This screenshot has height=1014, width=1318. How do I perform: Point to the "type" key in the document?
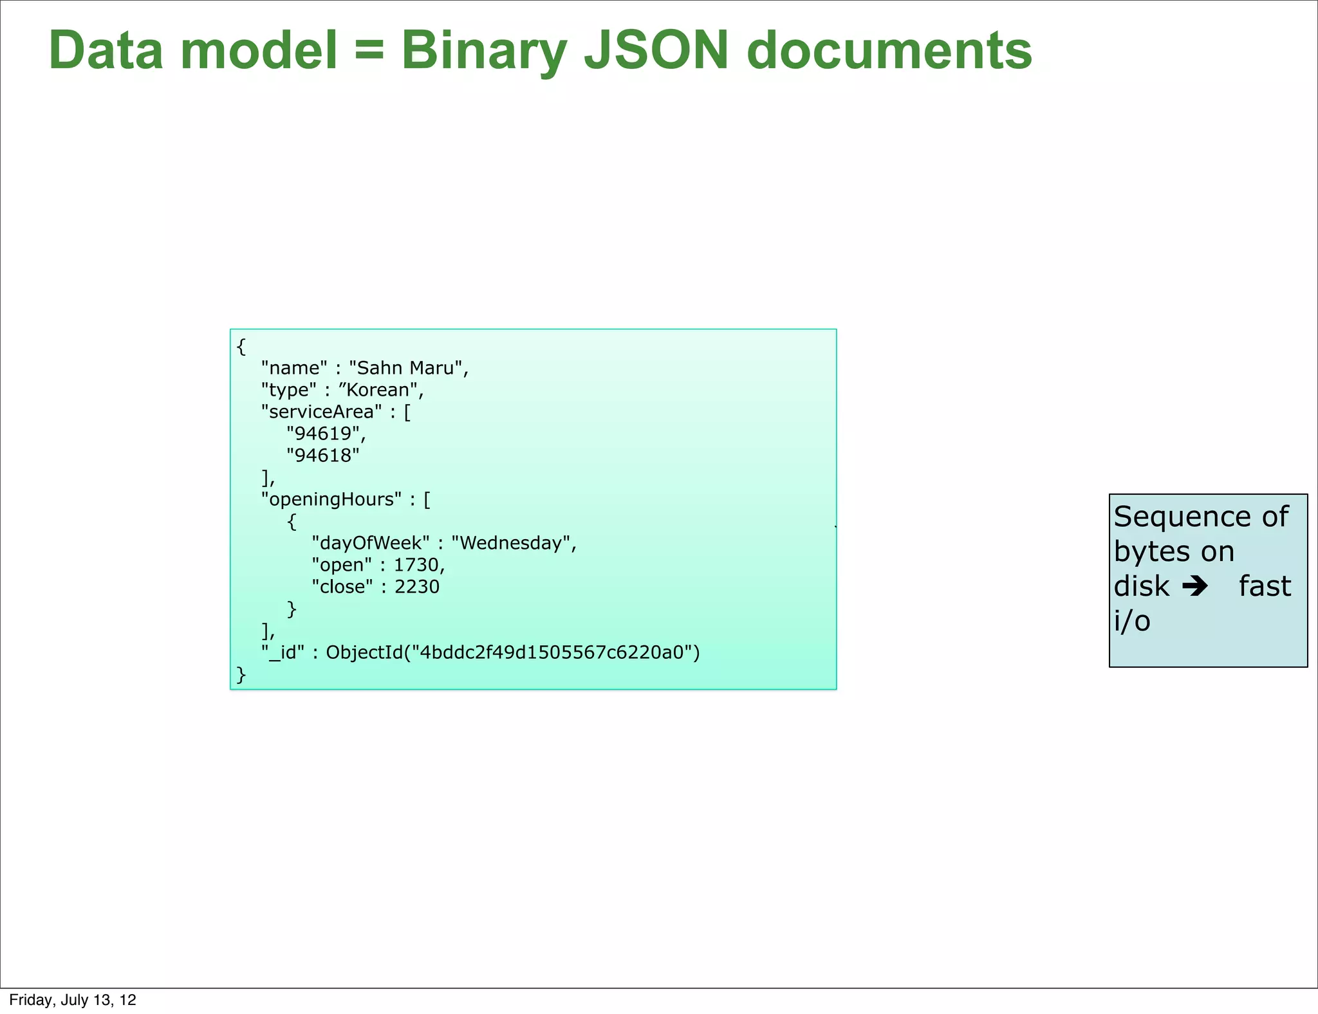[x=288, y=390]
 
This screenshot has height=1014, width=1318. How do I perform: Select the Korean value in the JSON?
[x=378, y=390]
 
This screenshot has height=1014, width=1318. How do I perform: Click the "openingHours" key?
[x=331, y=499]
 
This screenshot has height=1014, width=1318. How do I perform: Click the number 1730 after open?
[x=416, y=565]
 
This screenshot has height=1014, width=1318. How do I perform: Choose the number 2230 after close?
[x=417, y=587]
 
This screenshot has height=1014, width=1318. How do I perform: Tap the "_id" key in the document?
[x=283, y=652]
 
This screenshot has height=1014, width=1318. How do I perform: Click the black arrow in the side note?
[x=1196, y=586]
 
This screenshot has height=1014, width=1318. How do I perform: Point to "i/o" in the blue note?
[x=1132, y=621]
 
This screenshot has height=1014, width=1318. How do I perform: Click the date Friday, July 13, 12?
[x=73, y=1000]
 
